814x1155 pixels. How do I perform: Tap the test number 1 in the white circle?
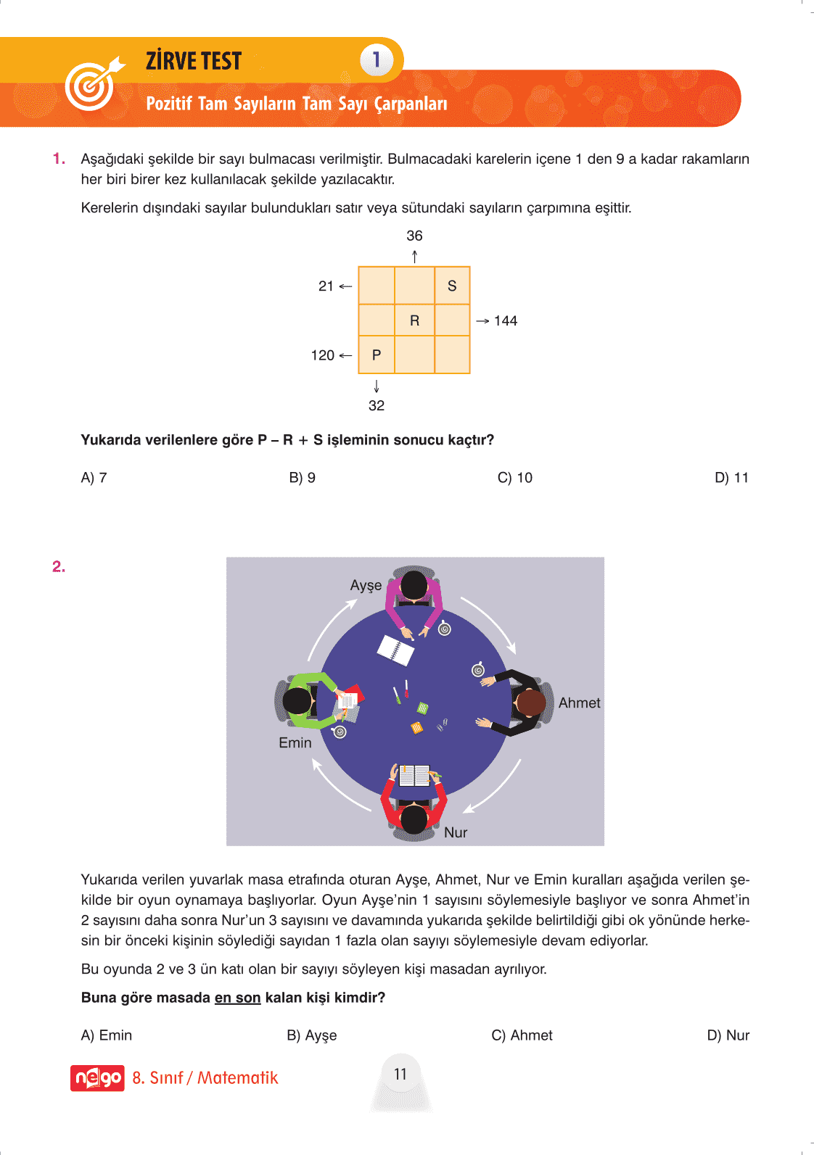pos(377,59)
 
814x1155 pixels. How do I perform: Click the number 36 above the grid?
pos(414,236)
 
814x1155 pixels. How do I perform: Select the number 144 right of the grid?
pos(505,320)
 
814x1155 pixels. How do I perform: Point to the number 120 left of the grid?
pos(322,355)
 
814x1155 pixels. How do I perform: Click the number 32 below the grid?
pos(376,405)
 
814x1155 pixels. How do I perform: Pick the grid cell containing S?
pos(452,286)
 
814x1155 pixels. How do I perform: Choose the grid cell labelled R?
pos(414,320)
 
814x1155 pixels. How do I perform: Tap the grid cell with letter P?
pos(376,355)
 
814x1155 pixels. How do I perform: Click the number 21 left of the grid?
pos(326,286)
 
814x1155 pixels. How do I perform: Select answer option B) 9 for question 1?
pos(302,478)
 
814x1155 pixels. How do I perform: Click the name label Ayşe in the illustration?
pos(366,585)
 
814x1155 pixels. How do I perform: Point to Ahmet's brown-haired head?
pos(530,702)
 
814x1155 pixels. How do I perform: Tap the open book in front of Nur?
pos(414,775)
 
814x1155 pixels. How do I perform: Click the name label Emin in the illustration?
pos(295,742)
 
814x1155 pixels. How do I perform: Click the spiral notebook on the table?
pos(395,649)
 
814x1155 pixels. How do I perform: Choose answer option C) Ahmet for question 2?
pos(522,1035)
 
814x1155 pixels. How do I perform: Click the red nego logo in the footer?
pos(97,1078)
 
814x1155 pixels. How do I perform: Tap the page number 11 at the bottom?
pos(400,1074)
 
